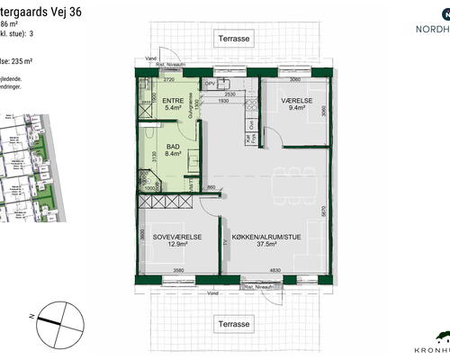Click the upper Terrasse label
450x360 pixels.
coord(233,39)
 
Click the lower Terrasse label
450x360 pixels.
coord(233,322)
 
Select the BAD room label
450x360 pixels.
coord(172,145)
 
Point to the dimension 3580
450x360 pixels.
coord(178,270)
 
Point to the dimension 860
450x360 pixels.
coord(212,186)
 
